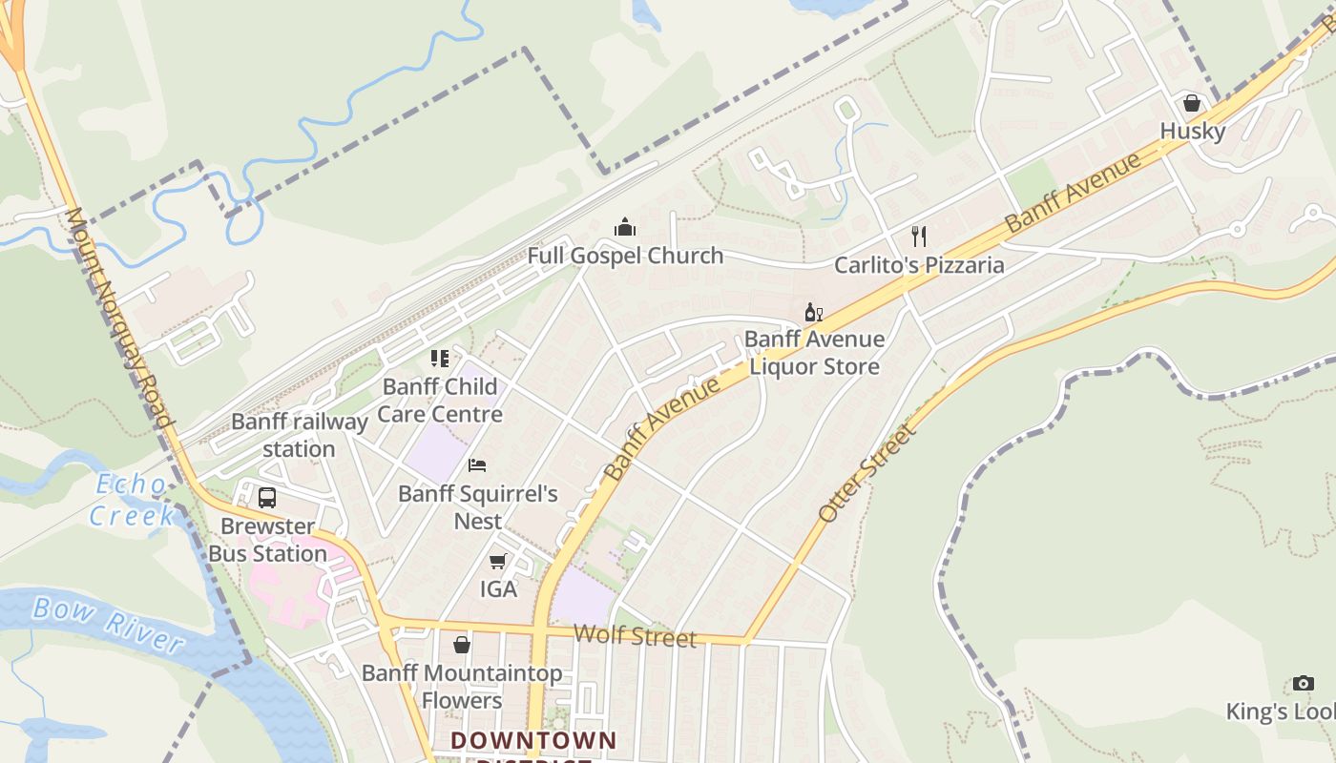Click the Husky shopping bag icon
pos(1191,103)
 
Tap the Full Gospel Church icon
pos(625,227)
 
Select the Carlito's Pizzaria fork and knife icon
pos(919,236)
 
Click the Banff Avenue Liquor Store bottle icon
pos(813,312)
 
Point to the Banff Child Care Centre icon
pos(439,359)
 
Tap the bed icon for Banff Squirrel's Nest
pos(477,465)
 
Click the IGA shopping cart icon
pos(497,562)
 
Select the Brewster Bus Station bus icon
pos(267,497)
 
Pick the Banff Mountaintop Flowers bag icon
pos(462,645)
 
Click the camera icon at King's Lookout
pos(1303,683)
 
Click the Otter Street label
pos(866,474)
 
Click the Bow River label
pos(107,624)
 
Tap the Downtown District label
pos(533,741)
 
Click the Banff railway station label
pos(299,435)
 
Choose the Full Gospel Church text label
pos(625,256)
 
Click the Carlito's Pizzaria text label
pos(919,265)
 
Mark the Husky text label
pos(1193,131)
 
